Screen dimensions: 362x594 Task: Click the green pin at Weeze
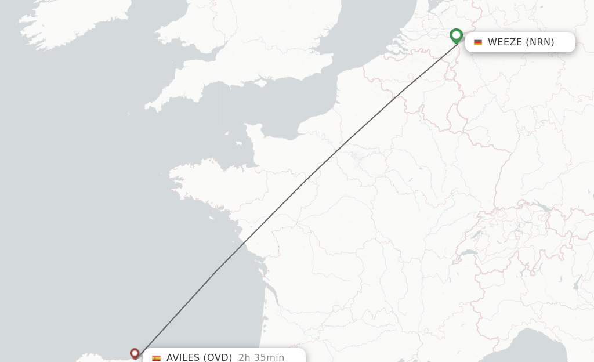[457, 36]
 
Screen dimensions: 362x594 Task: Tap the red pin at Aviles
[135, 353]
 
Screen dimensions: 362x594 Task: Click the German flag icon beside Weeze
[478, 42]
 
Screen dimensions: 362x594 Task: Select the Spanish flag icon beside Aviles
[156, 358]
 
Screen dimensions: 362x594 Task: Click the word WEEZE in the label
[505, 42]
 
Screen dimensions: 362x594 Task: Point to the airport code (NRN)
[540, 42]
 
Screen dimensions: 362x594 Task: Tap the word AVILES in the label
[183, 357]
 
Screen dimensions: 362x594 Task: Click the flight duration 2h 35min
[261, 357]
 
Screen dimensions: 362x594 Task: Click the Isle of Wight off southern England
[265, 80]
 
